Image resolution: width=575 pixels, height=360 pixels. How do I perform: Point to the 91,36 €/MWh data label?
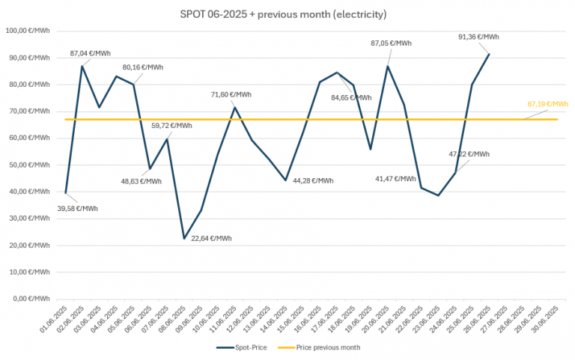(x=478, y=37)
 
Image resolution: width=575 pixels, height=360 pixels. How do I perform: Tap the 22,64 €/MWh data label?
(x=210, y=239)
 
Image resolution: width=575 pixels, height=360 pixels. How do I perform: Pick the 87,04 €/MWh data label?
(x=90, y=53)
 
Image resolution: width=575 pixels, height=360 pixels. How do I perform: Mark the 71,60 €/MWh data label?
(x=232, y=94)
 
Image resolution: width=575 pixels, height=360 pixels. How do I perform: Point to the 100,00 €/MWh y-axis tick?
(x=28, y=31)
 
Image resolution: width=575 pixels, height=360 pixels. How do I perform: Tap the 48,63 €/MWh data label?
(x=140, y=181)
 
